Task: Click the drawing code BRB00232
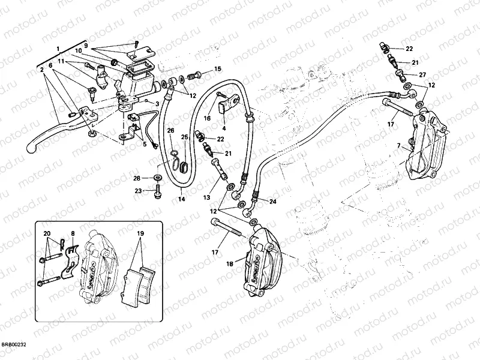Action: coord(14,344)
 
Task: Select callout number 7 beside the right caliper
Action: coord(398,146)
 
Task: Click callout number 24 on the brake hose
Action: coord(273,202)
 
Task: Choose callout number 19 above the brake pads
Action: coord(140,233)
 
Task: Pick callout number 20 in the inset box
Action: coord(47,233)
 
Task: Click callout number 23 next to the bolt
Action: coord(137,191)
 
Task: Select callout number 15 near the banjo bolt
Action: coord(217,69)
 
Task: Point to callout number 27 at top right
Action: coord(422,75)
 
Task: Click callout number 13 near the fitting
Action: coord(206,197)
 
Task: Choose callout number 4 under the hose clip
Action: coord(223,128)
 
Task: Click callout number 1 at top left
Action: coord(58,48)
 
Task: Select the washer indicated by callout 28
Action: coord(157,178)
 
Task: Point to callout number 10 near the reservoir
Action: coord(79,50)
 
